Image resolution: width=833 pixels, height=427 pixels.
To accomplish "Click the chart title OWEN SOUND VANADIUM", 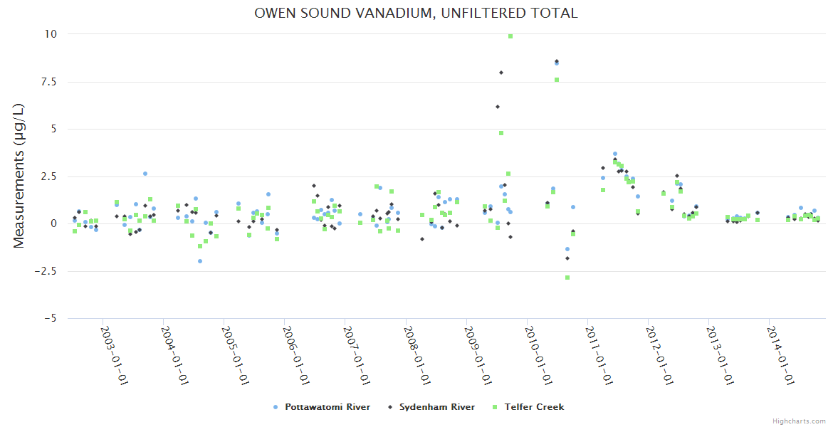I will click(416, 14).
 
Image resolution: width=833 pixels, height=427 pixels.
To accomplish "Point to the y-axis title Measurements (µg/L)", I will click(19, 175).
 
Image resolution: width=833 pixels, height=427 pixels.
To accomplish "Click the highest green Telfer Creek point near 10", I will click(510, 36).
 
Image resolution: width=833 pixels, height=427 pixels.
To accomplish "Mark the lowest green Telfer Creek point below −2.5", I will click(567, 278).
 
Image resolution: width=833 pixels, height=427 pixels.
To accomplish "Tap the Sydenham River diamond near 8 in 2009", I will click(501, 73).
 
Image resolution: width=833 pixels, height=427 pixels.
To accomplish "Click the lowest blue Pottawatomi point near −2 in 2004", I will click(200, 261).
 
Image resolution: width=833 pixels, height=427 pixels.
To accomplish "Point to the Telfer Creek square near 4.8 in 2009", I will click(501, 133).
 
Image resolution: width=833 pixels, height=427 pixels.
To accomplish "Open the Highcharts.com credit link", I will click(800, 421).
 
